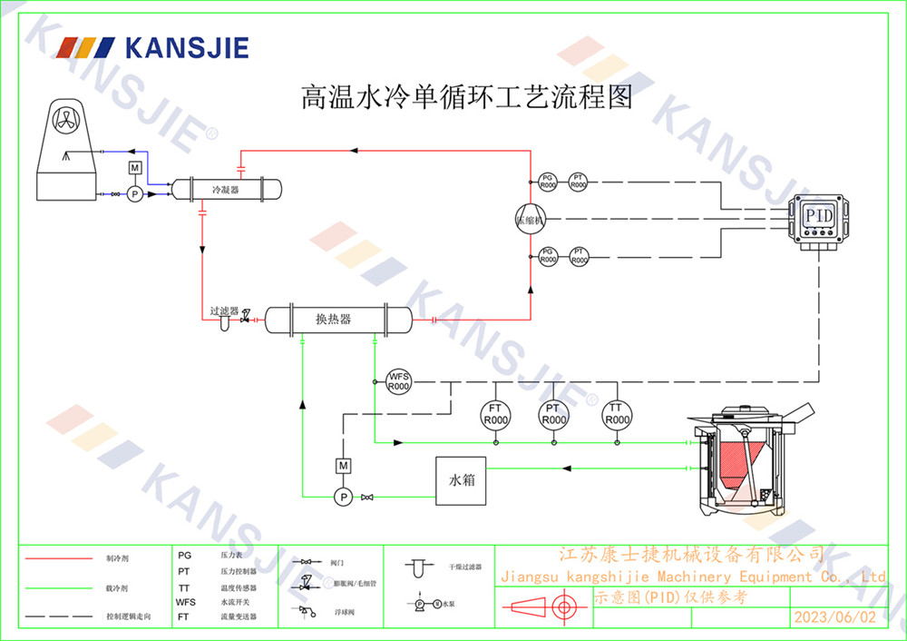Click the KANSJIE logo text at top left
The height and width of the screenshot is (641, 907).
186,47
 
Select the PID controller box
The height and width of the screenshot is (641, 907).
820,218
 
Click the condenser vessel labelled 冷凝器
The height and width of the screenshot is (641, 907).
226,189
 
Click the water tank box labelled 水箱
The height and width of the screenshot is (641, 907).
462,478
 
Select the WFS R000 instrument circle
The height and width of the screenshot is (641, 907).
399,380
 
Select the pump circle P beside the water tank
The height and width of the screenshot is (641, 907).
343,497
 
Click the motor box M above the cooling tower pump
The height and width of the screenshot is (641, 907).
134,168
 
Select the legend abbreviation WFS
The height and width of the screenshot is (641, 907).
185,602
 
